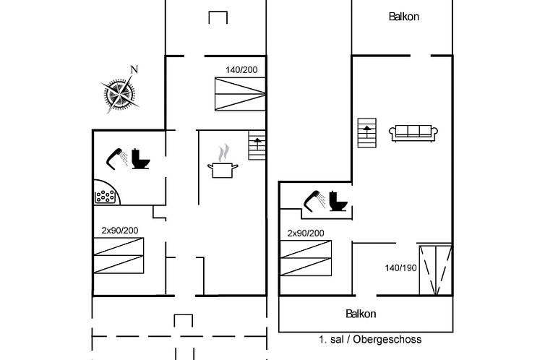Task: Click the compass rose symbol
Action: point(119,93)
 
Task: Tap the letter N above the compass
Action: point(134,70)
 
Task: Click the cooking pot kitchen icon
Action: point(223,161)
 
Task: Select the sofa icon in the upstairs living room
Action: point(413,134)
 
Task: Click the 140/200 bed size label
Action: point(241,70)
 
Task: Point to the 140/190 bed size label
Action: point(400,268)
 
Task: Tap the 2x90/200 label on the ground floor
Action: point(120,231)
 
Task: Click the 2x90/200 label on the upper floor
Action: point(306,233)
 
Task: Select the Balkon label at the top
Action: point(404,17)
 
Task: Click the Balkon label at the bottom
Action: point(361,314)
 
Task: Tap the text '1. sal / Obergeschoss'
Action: point(370,339)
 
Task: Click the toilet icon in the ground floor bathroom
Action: point(140,159)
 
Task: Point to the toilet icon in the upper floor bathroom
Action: point(338,201)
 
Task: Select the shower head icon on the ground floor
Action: point(116,159)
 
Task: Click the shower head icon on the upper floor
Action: point(314,201)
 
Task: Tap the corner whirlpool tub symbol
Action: point(107,192)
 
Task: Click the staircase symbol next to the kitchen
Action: point(257,145)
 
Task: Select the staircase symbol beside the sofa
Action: point(367,133)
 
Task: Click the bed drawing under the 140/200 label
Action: point(240,94)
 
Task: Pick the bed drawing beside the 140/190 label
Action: point(436,270)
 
